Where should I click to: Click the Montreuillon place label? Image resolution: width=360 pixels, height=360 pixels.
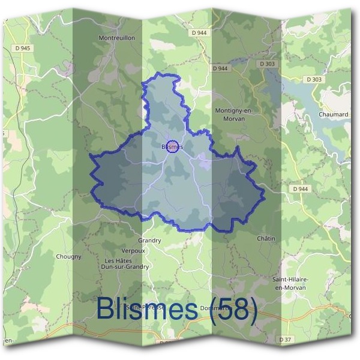116,37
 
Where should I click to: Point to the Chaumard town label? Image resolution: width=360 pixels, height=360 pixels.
334,114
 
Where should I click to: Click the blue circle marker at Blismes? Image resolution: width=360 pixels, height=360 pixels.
172,146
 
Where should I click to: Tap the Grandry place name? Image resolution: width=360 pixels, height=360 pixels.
149,240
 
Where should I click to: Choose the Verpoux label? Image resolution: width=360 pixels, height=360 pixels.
133,251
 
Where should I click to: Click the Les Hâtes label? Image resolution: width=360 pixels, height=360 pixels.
118,261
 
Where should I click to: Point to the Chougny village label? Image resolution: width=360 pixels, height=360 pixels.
68,256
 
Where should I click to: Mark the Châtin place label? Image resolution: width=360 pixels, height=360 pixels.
266,239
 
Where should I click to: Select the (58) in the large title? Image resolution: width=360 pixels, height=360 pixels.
234,310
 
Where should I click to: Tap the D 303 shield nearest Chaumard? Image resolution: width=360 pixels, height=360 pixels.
313,79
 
